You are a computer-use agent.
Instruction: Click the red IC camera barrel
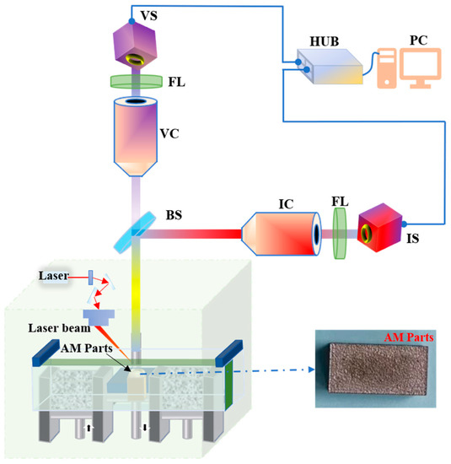point(281,230)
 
